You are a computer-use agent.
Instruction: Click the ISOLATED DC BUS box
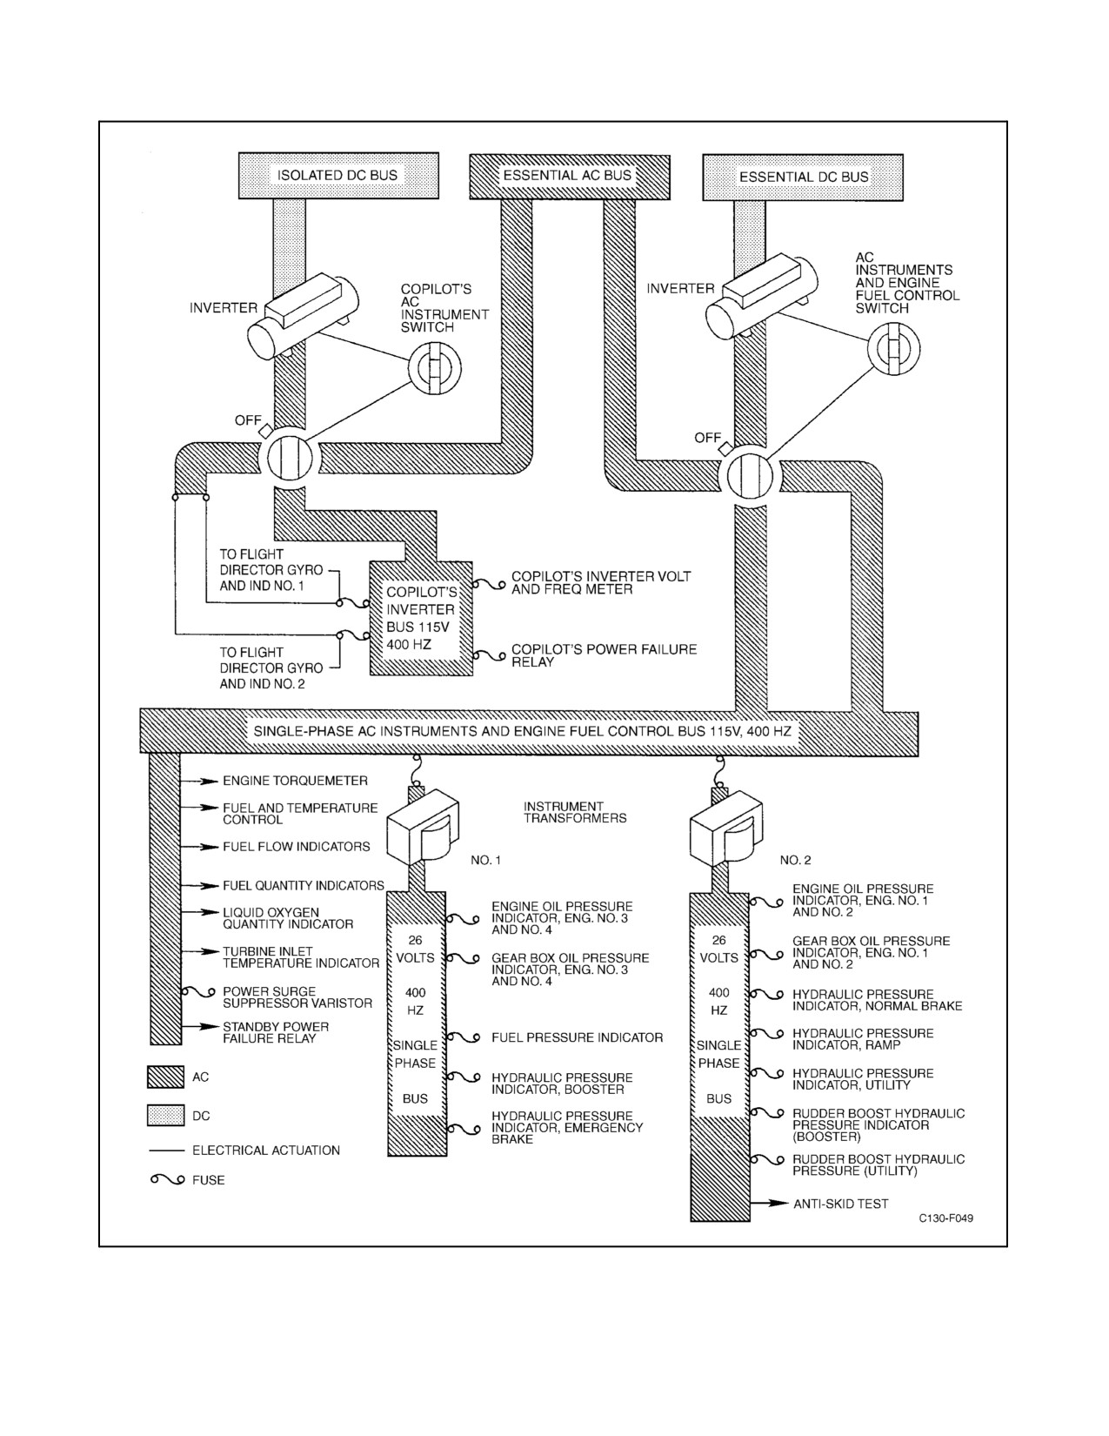[338, 175]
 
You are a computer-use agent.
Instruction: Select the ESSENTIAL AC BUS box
[570, 177]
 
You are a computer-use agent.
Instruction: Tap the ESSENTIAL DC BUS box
[803, 177]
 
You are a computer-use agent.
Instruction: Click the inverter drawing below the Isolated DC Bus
[302, 318]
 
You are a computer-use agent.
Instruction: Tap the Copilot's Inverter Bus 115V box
[421, 619]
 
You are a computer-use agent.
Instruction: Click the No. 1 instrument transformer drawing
[421, 827]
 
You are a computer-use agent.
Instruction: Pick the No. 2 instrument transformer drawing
[725, 827]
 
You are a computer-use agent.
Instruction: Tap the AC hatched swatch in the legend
[165, 1077]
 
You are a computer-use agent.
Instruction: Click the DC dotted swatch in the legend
[165, 1116]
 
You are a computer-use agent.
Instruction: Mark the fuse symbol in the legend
[168, 1179]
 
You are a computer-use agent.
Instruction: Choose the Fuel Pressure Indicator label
[577, 1037]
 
